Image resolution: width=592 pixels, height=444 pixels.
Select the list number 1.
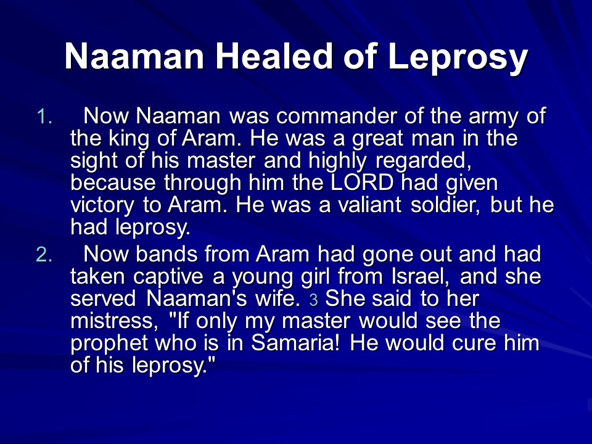coord(44,117)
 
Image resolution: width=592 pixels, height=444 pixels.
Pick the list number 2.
coord(44,255)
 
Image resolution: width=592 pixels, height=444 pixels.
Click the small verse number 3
coord(313,300)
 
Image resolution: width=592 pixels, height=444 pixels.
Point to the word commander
coord(337,116)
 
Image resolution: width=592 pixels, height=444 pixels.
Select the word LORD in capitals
coord(362,183)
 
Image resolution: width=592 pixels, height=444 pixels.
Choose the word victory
coord(102,207)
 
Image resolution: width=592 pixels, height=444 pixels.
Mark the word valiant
coord(369,205)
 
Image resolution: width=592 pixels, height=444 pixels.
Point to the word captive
coord(168,278)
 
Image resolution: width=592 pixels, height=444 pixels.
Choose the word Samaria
coord(295,343)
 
